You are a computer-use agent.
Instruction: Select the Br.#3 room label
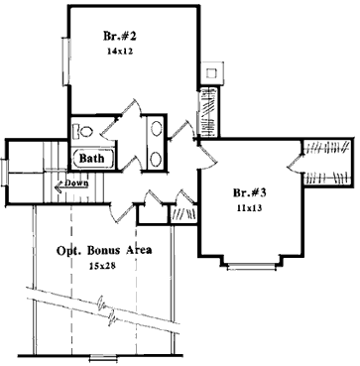pos(248,192)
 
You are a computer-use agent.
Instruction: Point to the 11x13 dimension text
pos(247,209)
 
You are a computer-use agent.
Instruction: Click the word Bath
pos(92,158)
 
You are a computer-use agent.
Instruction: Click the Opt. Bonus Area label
pos(103,251)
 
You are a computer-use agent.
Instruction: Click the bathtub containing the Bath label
pos(93,159)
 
